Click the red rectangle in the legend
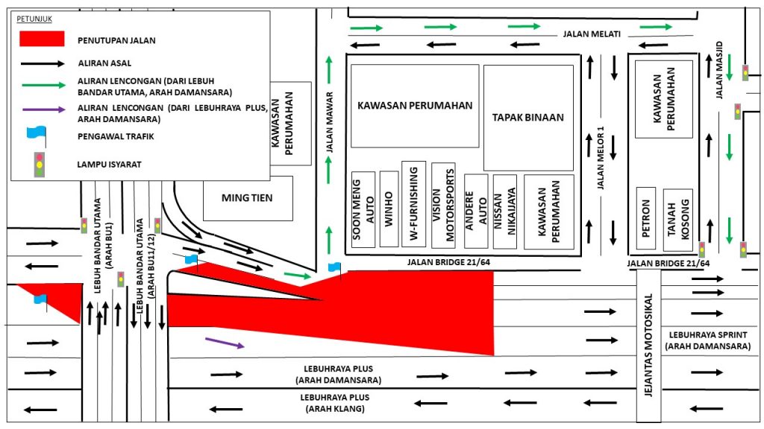42,39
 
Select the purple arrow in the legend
44,109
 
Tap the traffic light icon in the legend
39,164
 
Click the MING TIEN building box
248,198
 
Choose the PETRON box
646,218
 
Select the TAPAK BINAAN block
528,118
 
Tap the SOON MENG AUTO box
363,209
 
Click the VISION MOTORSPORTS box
443,206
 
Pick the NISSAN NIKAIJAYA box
505,212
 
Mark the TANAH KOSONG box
677,220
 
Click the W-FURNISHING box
413,204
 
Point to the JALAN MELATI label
592,34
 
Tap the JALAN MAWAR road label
329,122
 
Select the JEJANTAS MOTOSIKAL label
648,345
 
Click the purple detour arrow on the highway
225,343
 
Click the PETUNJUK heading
34,19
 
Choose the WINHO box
389,209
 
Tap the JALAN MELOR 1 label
601,158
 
